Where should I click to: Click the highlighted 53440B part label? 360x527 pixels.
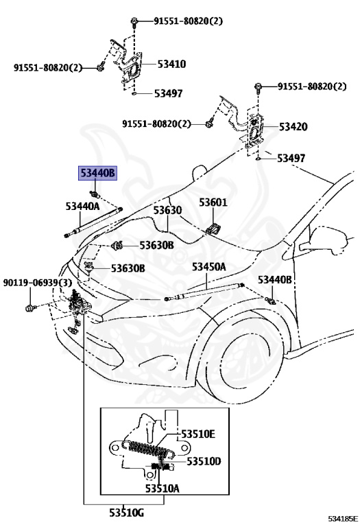click(98, 173)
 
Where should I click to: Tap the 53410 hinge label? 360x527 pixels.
click(171, 64)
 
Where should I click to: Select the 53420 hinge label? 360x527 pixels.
click(293, 127)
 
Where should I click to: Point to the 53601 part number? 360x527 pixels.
click(213, 202)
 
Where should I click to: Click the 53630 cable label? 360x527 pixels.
click(167, 210)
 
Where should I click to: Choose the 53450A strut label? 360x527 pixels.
click(209, 266)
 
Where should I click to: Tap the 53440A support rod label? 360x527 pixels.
click(82, 206)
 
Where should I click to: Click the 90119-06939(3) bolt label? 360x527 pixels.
click(36, 283)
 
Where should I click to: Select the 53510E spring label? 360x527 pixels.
click(197, 434)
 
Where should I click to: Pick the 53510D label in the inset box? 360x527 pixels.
click(204, 461)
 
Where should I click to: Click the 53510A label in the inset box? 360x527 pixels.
click(163, 488)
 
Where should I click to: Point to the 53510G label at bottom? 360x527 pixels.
click(127, 513)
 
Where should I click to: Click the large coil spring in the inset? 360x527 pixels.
click(148, 449)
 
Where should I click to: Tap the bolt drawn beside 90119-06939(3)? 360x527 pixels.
click(31, 307)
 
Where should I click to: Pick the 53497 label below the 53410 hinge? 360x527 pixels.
click(168, 93)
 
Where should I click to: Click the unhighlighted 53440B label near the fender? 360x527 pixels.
click(275, 279)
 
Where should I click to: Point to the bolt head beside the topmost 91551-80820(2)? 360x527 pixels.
click(134, 21)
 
